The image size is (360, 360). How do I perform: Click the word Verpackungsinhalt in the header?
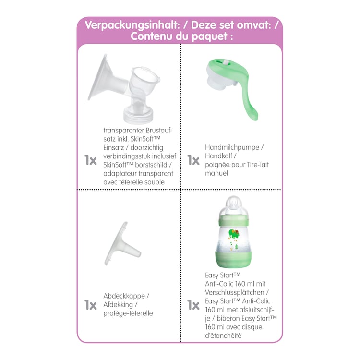[x=132, y=25]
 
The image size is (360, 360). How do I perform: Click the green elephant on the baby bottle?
[x=234, y=233]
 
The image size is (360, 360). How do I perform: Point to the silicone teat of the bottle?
[x=234, y=203]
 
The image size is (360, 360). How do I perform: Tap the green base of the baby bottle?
[x=233, y=259]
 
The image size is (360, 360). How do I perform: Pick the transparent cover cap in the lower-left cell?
[x=122, y=244]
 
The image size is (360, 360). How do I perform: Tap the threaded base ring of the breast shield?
[x=138, y=116]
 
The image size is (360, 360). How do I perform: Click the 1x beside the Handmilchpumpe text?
[x=193, y=160]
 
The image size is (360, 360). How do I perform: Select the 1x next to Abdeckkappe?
[x=90, y=305]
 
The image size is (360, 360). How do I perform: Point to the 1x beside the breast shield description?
[x=90, y=160]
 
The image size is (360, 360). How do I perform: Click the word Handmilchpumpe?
[x=232, y=147]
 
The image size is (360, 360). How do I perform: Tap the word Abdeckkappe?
[x=124, y=296]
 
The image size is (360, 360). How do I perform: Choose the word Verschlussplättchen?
[x=234, y=292]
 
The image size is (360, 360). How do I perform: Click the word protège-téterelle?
[x=128, y=313]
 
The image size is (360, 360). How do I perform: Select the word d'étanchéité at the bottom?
[x=223, y=336]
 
